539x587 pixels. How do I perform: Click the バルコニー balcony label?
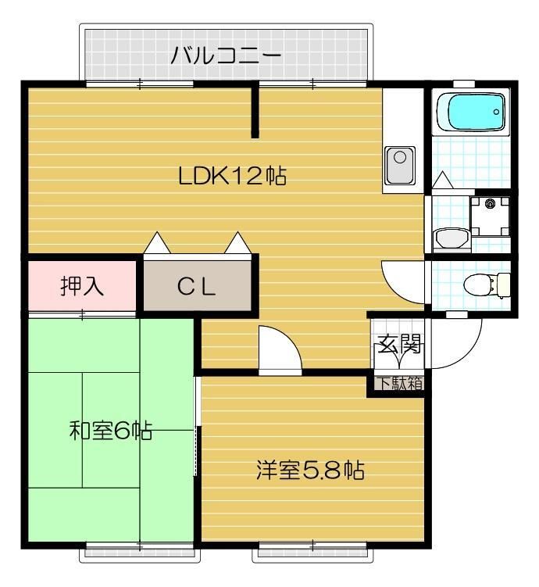(x=226, y=56)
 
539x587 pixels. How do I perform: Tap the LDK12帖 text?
(x=232, y=176)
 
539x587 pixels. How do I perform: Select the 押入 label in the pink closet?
(x=82, y=286)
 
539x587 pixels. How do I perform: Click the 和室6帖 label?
(x=110, y=431)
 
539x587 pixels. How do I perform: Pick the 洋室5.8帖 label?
(x=310, y=471)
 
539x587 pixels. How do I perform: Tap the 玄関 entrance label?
(x=400, y=344)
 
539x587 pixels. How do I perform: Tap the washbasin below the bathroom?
(x=448, y=237)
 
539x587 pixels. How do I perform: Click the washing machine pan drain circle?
(x=491, y=205)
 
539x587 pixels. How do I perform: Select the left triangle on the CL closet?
(x=157, y=244)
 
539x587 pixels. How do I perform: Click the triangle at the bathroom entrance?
(x=442, y=181)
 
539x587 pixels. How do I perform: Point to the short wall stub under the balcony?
(x=255, y=112)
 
